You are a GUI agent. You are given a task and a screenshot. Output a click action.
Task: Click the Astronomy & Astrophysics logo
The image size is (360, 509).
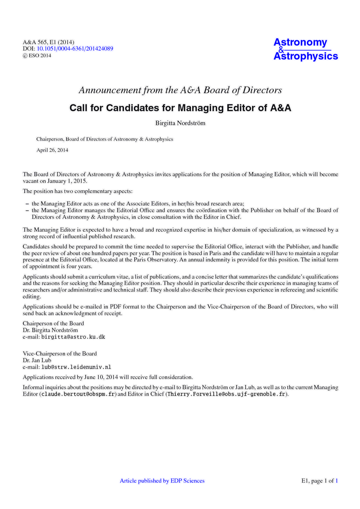(x=305, y=49)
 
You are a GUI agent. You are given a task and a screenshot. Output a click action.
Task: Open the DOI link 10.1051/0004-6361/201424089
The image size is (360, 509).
(x=75, y=49)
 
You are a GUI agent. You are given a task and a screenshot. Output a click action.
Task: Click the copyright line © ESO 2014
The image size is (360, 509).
(x=37, y=55)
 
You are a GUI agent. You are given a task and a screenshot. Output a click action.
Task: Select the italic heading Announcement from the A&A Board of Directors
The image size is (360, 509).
(x=180, y=90)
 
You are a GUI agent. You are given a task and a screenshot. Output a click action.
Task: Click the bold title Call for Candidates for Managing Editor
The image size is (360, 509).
(x=180, y=108)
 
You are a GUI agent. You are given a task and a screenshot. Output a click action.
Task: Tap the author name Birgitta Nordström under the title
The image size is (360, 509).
(x=180, y=123)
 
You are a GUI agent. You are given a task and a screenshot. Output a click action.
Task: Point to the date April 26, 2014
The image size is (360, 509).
(x=52, y=150)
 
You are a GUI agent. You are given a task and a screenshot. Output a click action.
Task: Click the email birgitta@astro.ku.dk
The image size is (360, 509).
(x=73, y=337)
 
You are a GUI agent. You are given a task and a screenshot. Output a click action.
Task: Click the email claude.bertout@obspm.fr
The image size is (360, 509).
(x=79, y=394)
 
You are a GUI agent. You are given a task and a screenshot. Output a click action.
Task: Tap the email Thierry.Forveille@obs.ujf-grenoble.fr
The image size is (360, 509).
(x=226, y=394)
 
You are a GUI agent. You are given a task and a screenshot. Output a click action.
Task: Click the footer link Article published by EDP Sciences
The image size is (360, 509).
(x=162, y=481)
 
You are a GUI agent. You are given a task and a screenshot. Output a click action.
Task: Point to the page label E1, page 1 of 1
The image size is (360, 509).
(x=320, y=481)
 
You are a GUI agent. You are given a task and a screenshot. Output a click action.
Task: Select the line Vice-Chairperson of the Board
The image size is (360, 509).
(x=60, y=354)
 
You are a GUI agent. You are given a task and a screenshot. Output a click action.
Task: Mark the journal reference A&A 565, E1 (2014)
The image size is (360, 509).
(x=48, y=42)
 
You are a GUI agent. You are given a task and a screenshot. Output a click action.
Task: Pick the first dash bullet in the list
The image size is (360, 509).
(x=27, y=204)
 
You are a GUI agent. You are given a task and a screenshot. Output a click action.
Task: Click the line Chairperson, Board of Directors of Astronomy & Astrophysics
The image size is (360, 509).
(x=105, y=139)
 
